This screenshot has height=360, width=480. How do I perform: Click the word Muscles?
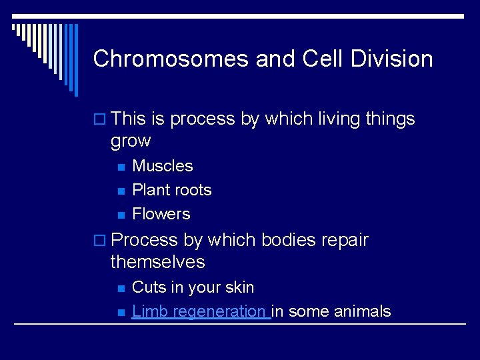[163, 166]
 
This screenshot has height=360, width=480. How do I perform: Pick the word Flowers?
[161, 214]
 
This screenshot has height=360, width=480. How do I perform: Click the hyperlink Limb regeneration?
[199, 311]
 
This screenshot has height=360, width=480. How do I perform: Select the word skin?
[239, 287]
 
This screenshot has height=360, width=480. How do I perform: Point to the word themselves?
[157, 261]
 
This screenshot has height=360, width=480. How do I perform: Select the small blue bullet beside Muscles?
[121, 167]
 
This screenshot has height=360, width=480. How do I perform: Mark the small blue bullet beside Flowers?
[121, 215]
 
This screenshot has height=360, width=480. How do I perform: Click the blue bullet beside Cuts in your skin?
[121, 288]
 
